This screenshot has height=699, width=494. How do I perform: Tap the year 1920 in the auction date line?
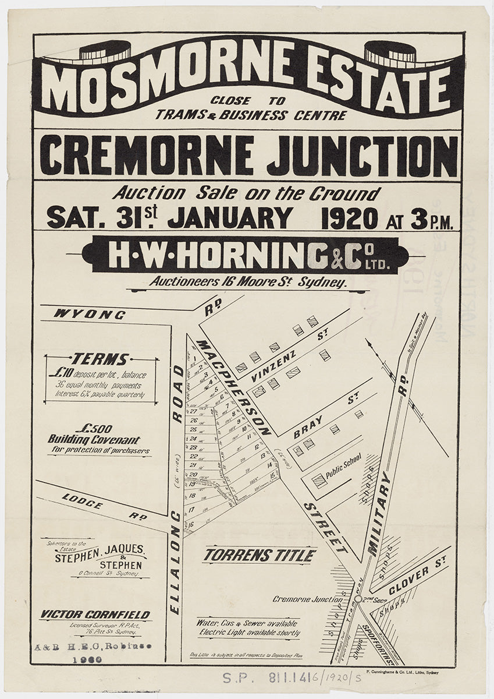[x=349, y=218]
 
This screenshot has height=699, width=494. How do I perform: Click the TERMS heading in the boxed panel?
[x=99, y=359]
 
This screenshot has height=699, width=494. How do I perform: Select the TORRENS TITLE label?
[x=260, y=556]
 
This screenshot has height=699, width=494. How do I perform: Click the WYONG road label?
[x=90, y=315]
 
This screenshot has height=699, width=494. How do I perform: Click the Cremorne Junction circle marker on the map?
[x=357, y=599]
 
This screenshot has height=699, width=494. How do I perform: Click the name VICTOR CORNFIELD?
[x=95, y=615]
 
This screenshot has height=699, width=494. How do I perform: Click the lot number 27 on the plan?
[x=193, y=411]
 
